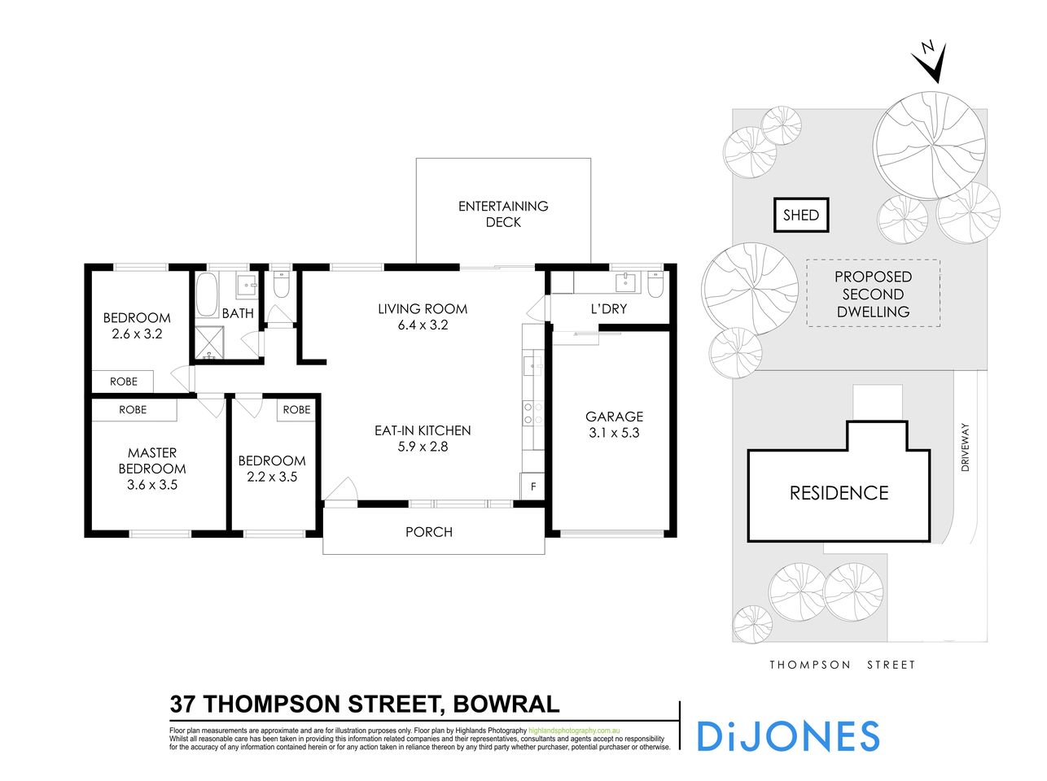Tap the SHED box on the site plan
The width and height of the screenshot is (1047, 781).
coord(800,216)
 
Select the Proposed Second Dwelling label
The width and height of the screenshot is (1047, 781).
coord(873,294)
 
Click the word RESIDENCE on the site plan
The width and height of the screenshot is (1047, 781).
coord(839,493)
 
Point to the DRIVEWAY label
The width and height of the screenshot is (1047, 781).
coord(966,447)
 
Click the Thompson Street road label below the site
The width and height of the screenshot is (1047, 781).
coord(843,665)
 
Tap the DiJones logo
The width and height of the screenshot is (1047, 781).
coord(788,736)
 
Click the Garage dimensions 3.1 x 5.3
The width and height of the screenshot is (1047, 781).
coord(614,433)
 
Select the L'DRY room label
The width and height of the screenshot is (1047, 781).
coord(608,309)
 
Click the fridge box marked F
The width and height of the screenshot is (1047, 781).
coord(532,486)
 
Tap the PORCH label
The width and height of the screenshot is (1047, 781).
coord(429,532)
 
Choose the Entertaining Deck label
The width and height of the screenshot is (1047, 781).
coord(503,214)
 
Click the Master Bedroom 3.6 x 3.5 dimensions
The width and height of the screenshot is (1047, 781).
coord(152,485)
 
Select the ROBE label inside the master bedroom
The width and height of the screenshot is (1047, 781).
coord(133,410)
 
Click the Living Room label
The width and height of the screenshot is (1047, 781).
coord(423,309)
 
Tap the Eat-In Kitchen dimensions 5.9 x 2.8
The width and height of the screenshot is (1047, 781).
coord(423,447)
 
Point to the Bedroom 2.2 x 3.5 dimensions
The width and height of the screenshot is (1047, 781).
coord(272,478)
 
